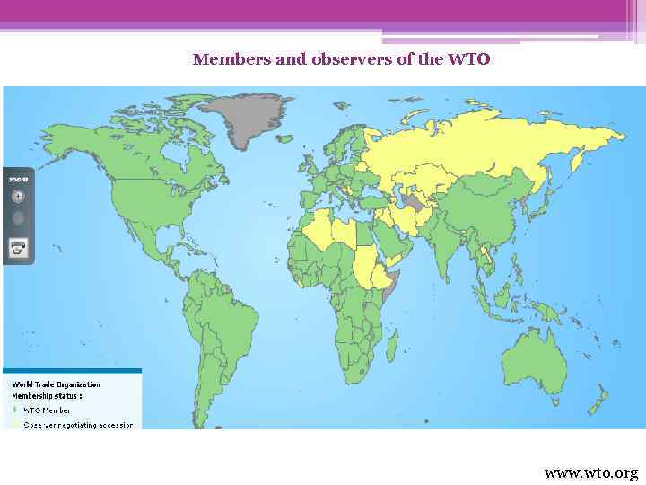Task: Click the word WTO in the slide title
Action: pyautogui.click(x=469, y=60)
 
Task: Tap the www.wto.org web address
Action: pyautogui.click(x=590, y=472)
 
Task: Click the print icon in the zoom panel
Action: pyautogui.click(x=18, y=247)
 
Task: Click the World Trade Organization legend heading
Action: pyautogui.click(x=56, y=384)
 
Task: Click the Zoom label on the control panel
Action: pyautogui.click(x=17, y=180)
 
